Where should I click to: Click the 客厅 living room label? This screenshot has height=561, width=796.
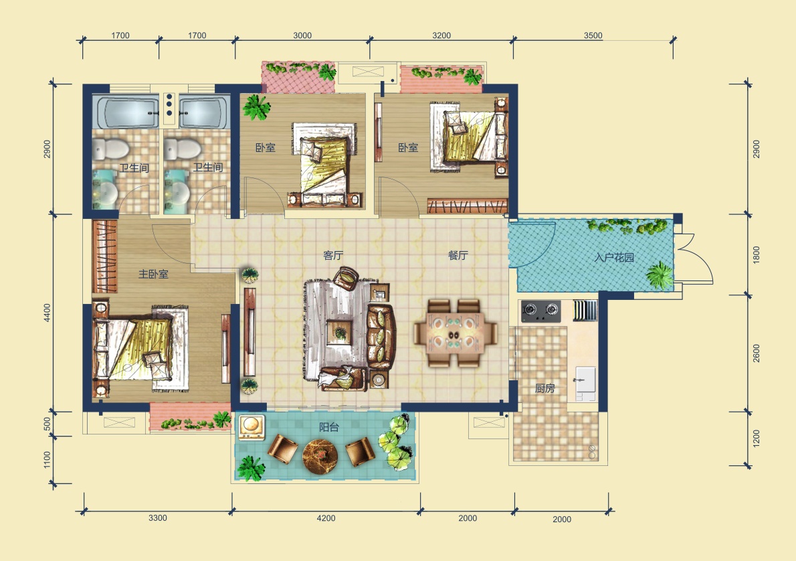pyautogui.click(x=333, y=255)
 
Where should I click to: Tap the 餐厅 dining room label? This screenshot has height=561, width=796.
pyautogui.click(x=458, y=255)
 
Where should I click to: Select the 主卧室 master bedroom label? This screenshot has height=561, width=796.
pyautogui.click(x=153, y=274)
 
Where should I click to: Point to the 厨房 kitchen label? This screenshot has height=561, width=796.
pyautogui.click(x=544, y=389)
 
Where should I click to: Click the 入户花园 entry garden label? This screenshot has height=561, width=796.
pyautogui.click(x=614, y=257)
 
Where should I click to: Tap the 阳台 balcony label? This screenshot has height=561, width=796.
pyautogui.click(x=329, y=427)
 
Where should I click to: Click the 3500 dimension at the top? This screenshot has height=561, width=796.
pyautogui.click(x=593, y=35)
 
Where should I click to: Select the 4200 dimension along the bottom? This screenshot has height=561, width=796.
pyautogui.click(x=326, y=518)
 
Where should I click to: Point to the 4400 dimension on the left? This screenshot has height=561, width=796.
pyautogui.click(x=47, y=313)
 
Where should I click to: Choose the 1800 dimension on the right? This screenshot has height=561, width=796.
pyautogui.click(x=757, y=254)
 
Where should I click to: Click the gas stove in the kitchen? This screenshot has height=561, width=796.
pyautogui.click(x=540, y=311)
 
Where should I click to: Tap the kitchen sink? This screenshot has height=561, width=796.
pyautogui.click(x=585, y=380)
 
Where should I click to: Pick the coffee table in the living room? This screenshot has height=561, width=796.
pyautogui.click(x=340, y=333)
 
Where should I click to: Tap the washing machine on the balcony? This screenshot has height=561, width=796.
pyautogui.click(x=252, y=427)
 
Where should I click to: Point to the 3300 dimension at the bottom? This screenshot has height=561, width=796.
pyautogui.click(x=157, y=518)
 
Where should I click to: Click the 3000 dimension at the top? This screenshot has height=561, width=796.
pyautogui.click(x=302, y=35)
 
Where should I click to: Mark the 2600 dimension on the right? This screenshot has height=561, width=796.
pyautogui.click(x=757, y=353)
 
